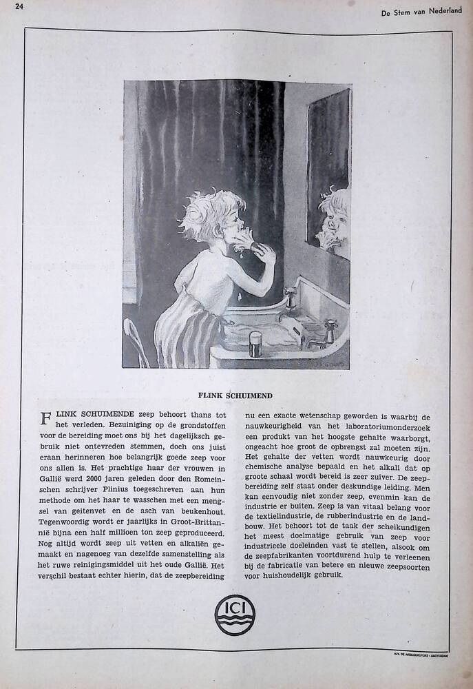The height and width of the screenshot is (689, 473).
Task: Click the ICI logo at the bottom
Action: click(x=234, y=615)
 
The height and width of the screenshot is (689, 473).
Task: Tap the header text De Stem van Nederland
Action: click(x=421, y=11)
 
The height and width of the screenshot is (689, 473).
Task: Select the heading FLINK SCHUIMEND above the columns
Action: click(x=235, y=395)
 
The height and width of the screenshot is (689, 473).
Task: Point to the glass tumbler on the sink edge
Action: click(x=255, y=344)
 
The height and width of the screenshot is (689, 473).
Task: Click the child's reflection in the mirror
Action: click(x=334, y=220)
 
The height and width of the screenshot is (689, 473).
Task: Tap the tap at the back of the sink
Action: click(x=291, y=298)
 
